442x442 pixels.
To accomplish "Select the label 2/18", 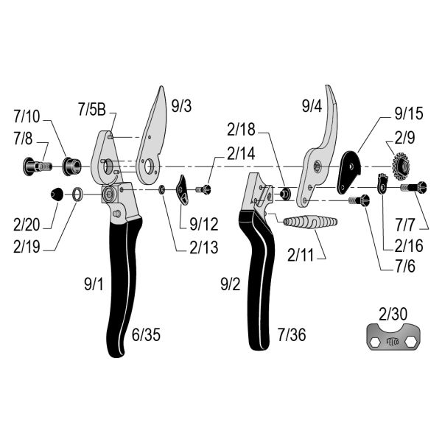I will pyautogui.click(x=242, y=130).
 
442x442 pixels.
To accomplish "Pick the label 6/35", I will pyautogui.click(x=146, y=336).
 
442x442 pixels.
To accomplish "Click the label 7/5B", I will pyautogui.click(x=92, y=110).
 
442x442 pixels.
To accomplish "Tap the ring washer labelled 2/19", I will pyautogui.click(x=77, y=195).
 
